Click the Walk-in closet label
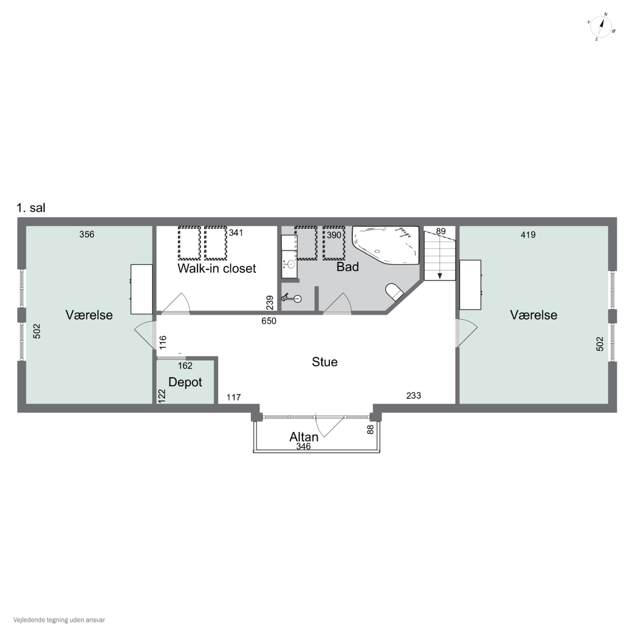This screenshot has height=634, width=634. point(217,268)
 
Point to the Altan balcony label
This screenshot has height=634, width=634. point(304,437)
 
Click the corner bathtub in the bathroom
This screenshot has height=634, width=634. point(386,245)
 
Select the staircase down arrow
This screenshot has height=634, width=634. point(440,276)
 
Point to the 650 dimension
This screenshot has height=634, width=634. point(269,321)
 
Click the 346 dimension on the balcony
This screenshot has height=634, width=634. point(303,446)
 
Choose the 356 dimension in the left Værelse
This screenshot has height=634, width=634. point(87,234)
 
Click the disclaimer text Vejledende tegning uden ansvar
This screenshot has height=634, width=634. point(59,620)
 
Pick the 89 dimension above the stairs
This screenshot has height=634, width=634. point(441,231)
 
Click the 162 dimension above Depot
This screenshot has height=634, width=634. point(185,366)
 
